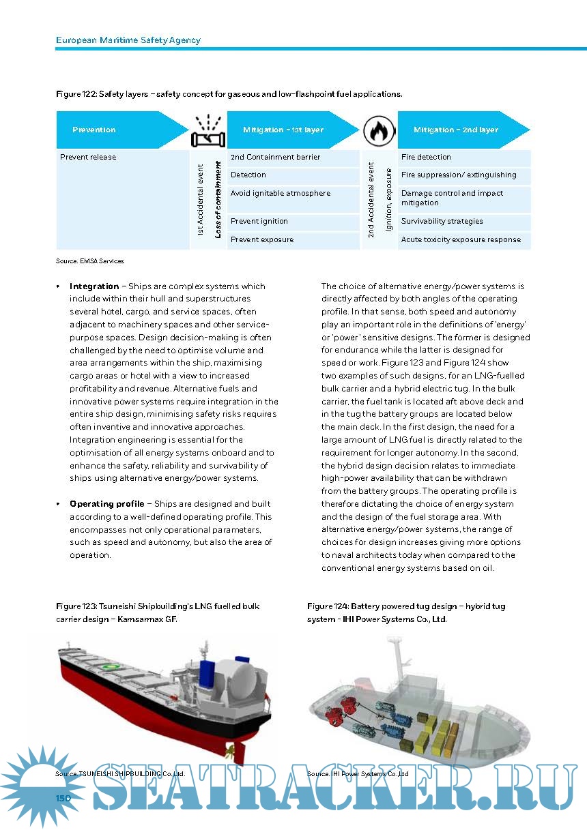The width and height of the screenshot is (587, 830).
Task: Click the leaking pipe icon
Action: tap(207, 132)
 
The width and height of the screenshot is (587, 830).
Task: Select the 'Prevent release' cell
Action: tap(88, 157)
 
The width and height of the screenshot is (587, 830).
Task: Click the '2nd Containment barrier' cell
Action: tap(275, 157)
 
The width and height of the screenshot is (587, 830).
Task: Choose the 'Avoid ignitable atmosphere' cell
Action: tap(281, 193)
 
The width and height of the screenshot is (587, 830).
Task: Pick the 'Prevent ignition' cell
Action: tap(259, 221)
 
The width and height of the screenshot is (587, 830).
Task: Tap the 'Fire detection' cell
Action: tap(426, 157)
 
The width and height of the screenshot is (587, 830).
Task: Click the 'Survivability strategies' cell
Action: tap(442, 221)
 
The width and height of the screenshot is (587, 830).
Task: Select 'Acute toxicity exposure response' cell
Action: tap(461, 239)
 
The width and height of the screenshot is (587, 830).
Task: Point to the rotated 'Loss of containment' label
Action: tap(218, 199)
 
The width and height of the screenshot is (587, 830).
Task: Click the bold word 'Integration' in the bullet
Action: tap(94, 286)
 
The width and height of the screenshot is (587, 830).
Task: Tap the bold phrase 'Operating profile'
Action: tap(106, 504)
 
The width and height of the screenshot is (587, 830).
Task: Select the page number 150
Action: tap(63, 797)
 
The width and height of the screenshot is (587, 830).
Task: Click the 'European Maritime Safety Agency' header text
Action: tap(128, 40)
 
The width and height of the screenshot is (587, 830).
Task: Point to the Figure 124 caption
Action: tap(406, 612)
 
